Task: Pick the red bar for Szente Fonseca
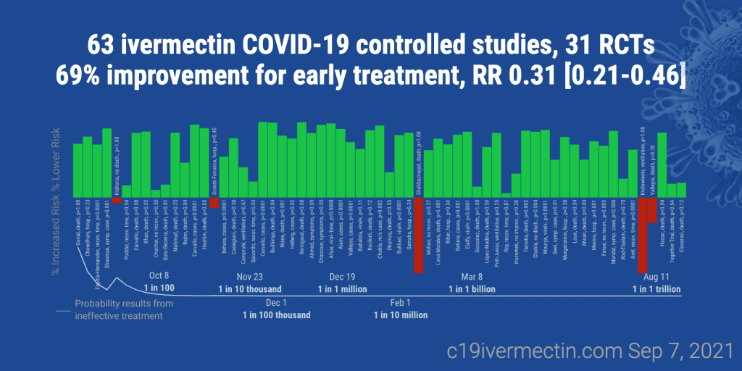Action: point(214,203)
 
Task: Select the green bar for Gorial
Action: point(78,170)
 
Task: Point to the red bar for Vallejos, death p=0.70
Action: point(652,210)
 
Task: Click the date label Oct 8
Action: point(159,276)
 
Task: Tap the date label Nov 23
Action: point(249,277)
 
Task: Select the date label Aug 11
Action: point(656,277)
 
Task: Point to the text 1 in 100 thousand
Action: point(276,315)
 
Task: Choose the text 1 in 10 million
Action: point(401,315)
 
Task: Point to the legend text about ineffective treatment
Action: point(123,309)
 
